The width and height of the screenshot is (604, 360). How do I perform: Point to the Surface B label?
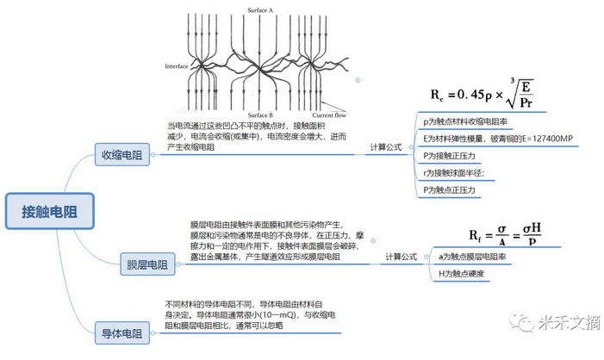pyautogui.click(x=259, y=115)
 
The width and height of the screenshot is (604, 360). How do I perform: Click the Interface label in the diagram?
pyautogui.click(x=177, y=66)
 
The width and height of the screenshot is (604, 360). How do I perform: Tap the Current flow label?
pyautogui.click(x=330, y=115)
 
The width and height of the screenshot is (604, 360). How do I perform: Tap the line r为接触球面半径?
pyautogui.click(x=454, y=172)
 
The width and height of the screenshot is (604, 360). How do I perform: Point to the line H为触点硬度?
pyautogui.click(x=466, y=273)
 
